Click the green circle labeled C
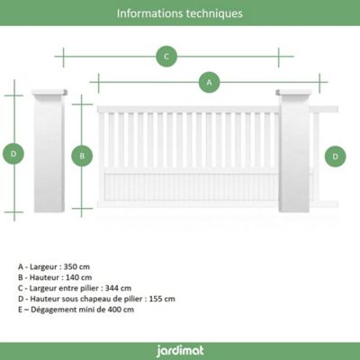point(166,56)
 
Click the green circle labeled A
point(209,82)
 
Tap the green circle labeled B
point(82,156)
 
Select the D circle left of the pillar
point(13,154)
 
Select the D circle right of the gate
point(335,157)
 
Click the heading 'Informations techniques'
point(180,13)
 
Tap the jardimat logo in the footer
point(180,351)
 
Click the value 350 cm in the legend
point(76,266)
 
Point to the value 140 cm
point(79,277)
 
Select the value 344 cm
point(118,288)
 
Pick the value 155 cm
point(162,299)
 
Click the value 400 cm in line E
point(121,310)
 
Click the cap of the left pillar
point(49,92)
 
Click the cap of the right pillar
point(294,92)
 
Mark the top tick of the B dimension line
point(82,104)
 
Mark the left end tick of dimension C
point(63,57)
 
